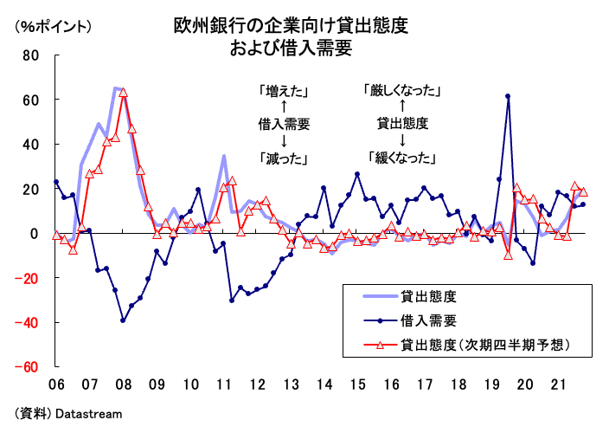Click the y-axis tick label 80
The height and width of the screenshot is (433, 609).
click(x=31, y=55)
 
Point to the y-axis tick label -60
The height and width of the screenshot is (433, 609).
click(x=29, y=367)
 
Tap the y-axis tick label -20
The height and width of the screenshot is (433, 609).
click(x=29, y=278)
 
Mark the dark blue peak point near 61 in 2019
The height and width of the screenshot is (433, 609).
click(x=508, y=96)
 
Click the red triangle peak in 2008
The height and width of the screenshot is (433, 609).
click(x=123, y=92)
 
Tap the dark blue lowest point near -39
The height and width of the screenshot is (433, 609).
click(x=123, y=320)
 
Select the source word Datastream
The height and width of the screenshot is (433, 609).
click(x=89, y=414)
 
